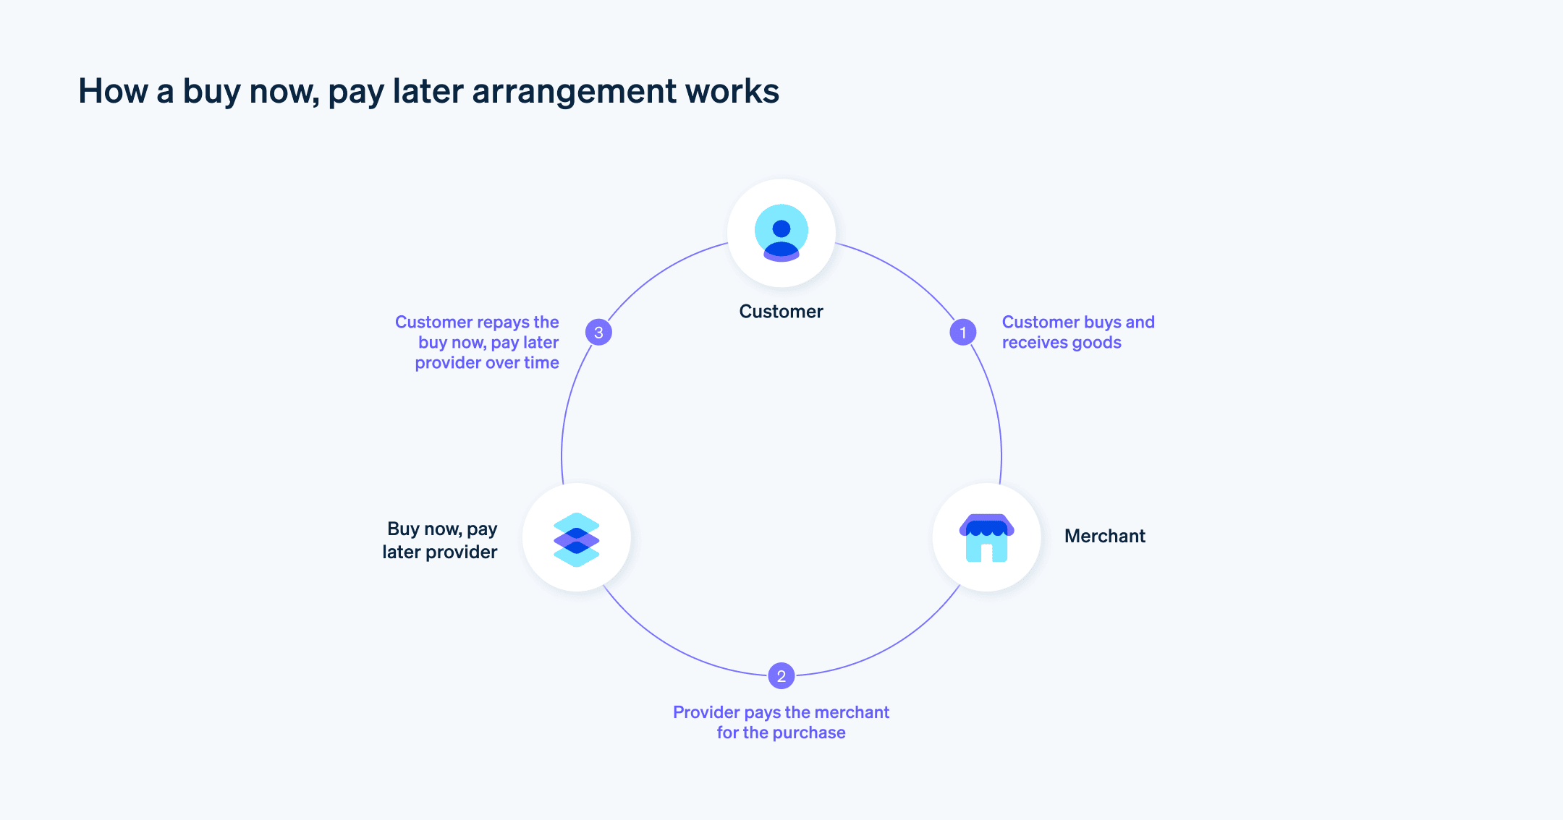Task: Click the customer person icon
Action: coord(781,233)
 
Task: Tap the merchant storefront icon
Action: coord(986,538)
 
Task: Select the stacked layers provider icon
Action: coord(576,539)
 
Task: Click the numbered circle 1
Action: coord(962,333)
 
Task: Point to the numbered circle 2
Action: coord(781,676)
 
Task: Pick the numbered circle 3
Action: coord(598,333)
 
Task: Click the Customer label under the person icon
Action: coord(781,312)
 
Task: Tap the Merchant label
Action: coord(1104,536)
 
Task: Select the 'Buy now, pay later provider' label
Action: coord(440,540)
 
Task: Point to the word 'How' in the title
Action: coord(112,92)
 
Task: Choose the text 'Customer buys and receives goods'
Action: coord(1077,333)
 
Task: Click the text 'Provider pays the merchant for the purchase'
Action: coord(781,722)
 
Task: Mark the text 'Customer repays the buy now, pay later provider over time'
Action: coord(481,343)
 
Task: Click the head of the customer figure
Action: coord(781,229)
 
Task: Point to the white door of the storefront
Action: coord(986,552)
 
